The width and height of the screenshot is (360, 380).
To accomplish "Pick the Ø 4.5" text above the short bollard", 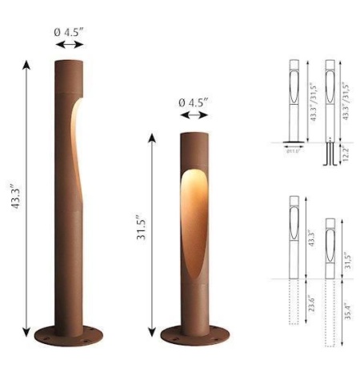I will (x=194, y=103).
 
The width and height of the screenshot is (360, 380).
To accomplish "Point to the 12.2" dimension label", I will (x=346, y=154).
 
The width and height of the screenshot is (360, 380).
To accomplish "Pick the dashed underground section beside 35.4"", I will (x=330, y=312).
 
